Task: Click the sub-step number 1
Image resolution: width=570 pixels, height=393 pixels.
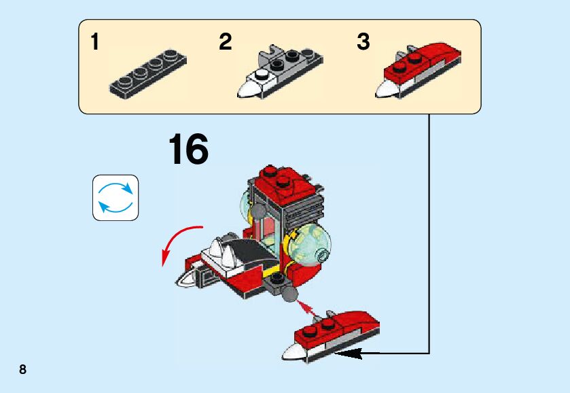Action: click(x=94, y=41)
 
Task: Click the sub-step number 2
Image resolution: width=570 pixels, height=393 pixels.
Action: click(x=226, y=41)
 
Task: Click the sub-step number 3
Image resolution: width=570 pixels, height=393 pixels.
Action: click(x=363, y=41)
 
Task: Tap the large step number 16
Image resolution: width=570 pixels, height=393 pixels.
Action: click(x=189, y=149)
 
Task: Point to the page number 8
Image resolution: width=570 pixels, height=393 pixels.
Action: click(x=22, y=369)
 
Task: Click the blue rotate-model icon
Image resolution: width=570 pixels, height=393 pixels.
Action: click(x=115, y=198)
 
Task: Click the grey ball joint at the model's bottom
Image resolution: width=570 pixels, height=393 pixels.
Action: click(x=289, y=294)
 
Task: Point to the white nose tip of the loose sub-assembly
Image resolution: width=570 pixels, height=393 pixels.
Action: click(x=293, y=352)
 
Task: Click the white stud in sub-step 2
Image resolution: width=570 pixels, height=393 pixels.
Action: click(x=262, y=75)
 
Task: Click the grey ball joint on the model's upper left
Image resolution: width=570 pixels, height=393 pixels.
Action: click(x=258, y=210)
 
